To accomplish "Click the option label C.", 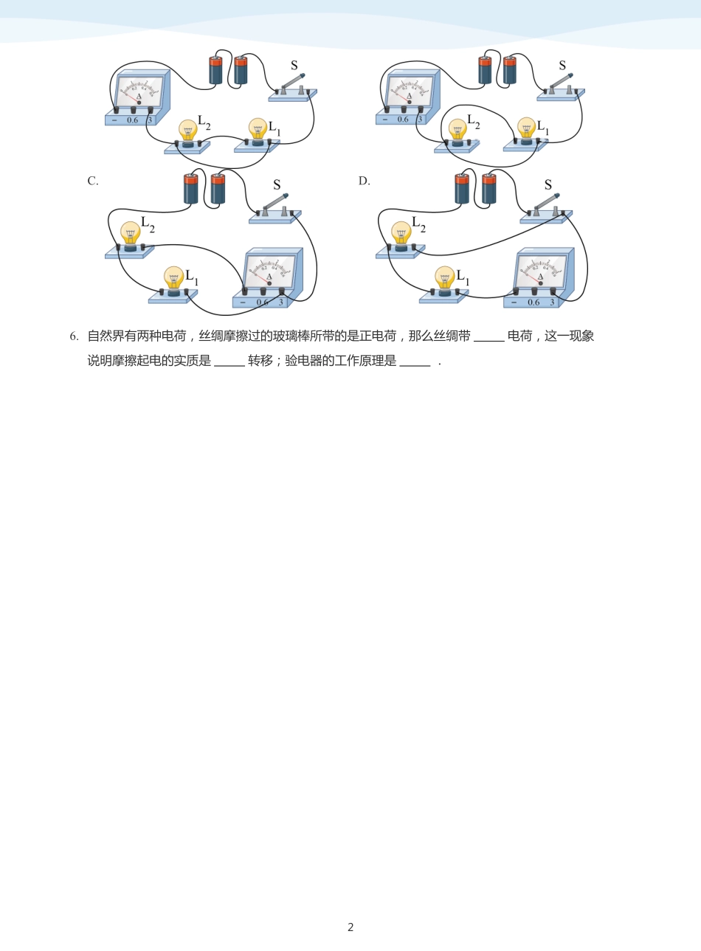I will click(92, 181).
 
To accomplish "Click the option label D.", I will click(364, 181).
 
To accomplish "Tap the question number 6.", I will click(74, 336).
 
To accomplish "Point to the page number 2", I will click(350, 927).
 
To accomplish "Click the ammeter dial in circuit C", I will click(270, 271).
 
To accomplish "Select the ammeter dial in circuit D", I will click(541, 271).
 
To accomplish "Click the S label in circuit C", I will click(277, 185).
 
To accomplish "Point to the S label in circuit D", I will click(548, 185).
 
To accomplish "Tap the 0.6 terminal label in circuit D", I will click(533, 302).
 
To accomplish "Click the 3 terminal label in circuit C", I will click(281, 302).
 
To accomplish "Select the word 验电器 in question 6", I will click(303, 361).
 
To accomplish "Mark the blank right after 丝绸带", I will click(488, 336).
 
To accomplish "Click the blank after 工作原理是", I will click(415, 361).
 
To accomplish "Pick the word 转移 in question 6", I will click(260, 361).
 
